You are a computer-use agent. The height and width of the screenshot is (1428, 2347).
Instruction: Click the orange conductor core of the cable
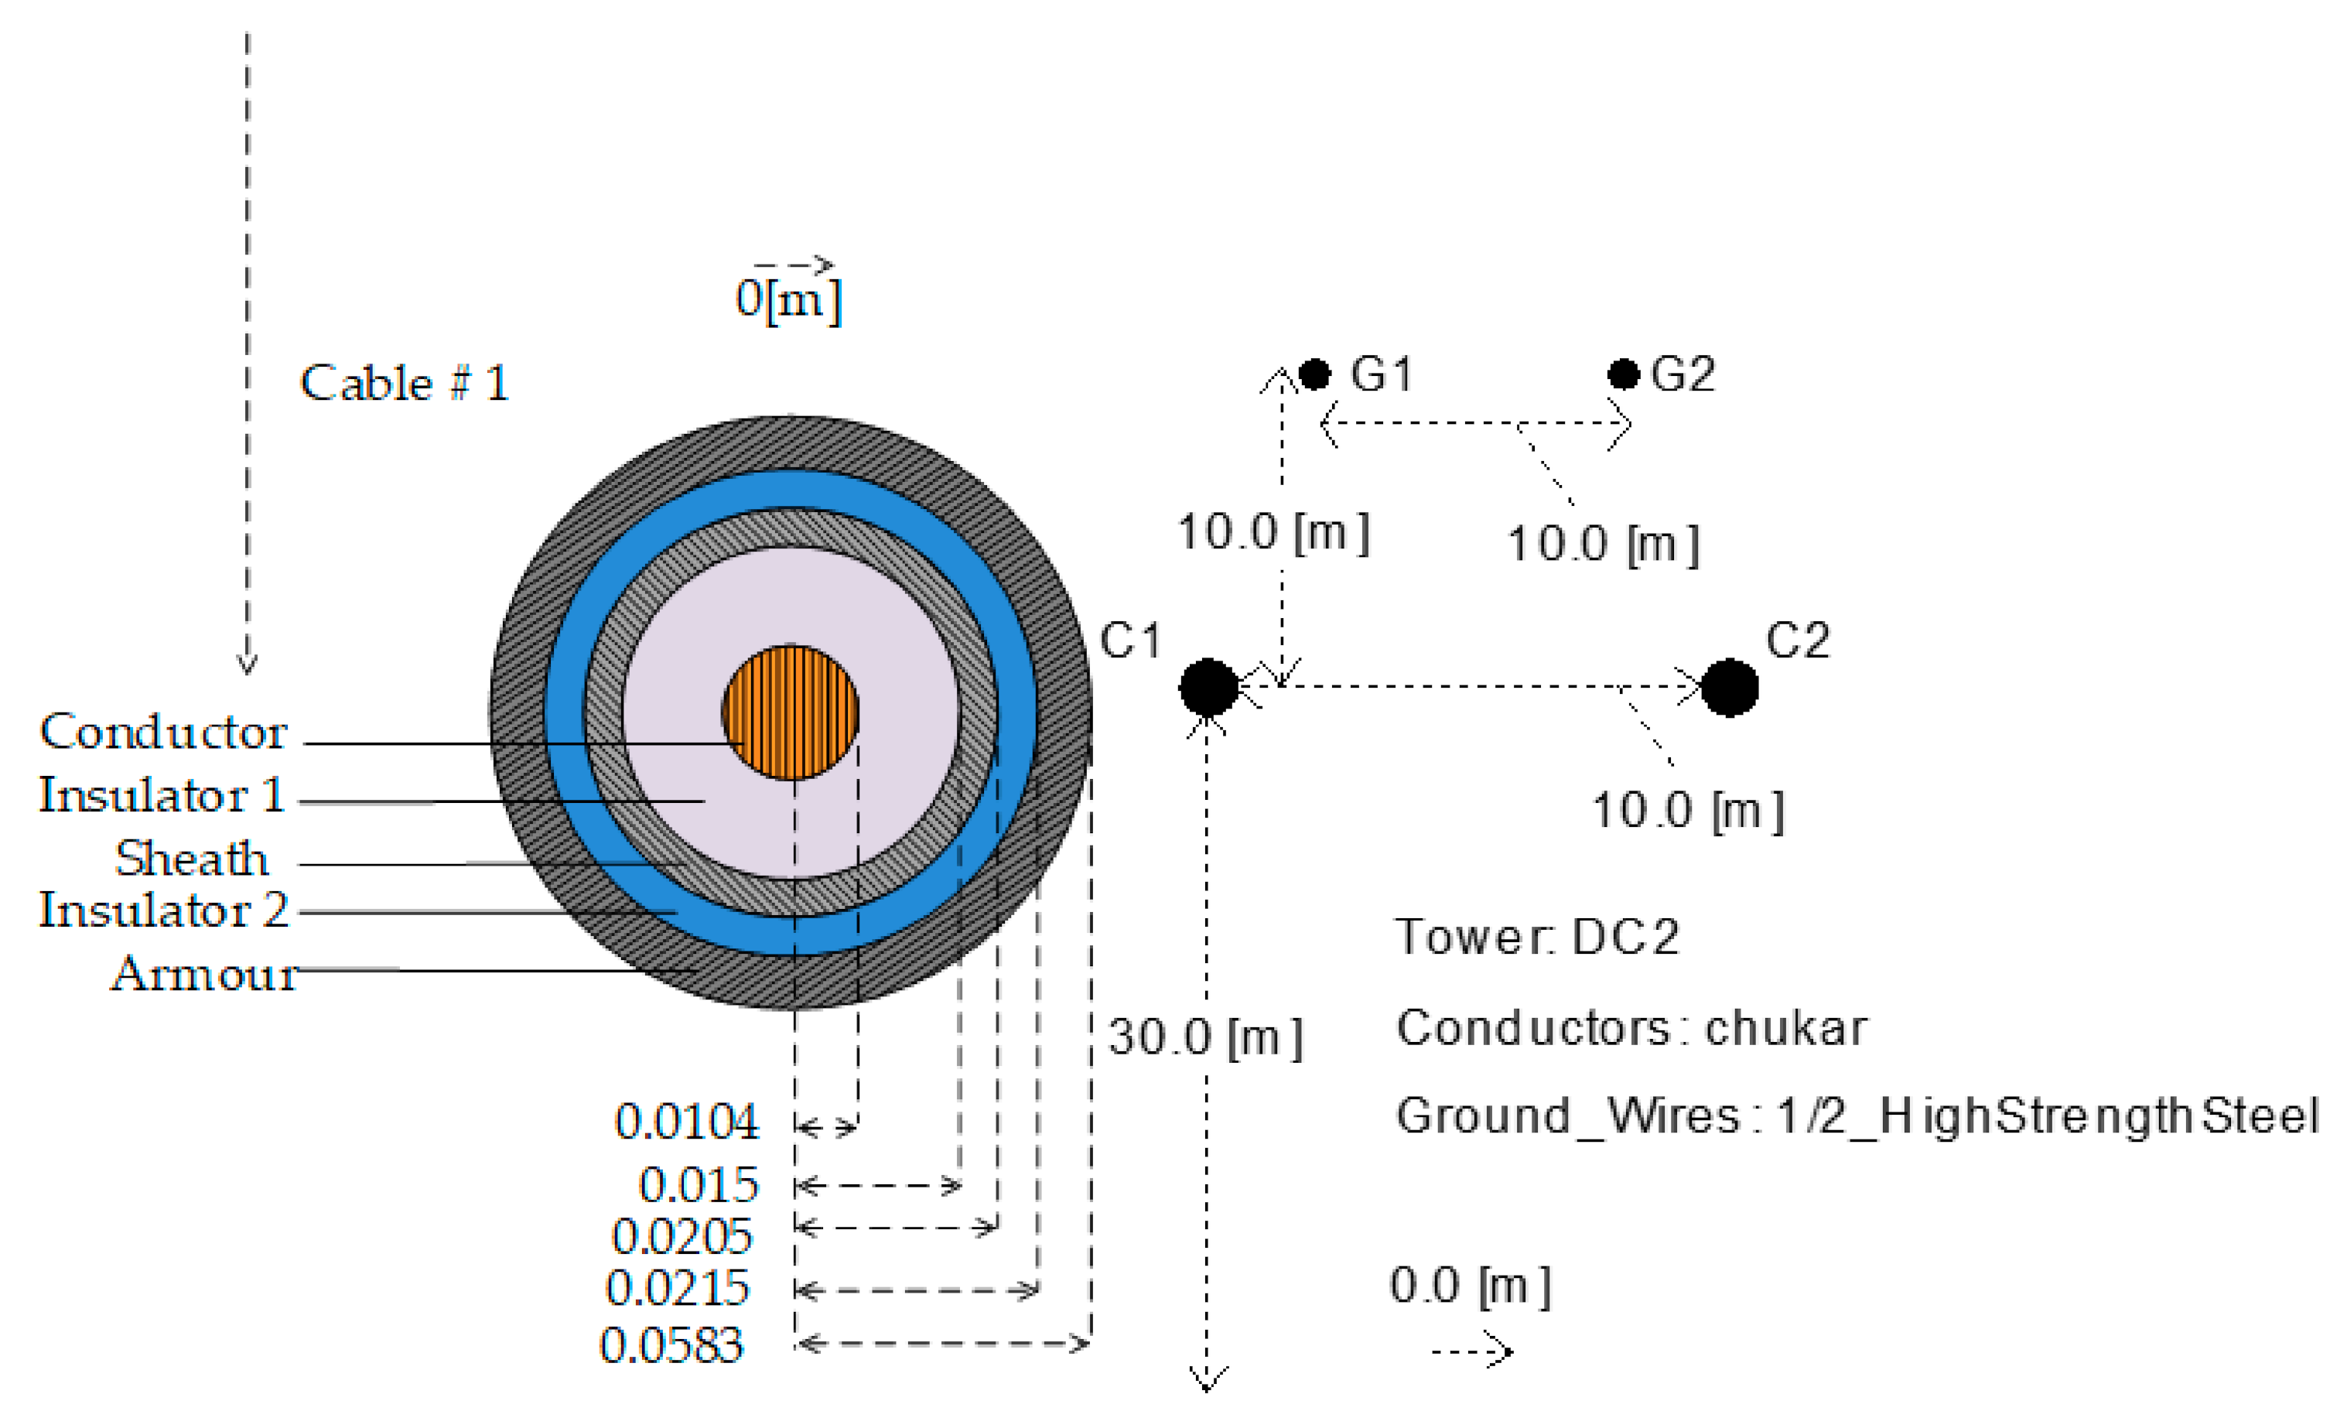[790, 712]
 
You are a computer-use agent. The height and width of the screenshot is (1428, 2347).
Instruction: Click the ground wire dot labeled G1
[1314, 374]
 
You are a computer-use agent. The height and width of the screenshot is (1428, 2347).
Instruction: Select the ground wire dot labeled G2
[1623, 374]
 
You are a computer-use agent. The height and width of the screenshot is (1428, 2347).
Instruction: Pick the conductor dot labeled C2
[1729, 687]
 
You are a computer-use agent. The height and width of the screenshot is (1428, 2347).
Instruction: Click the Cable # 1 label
[405, 383]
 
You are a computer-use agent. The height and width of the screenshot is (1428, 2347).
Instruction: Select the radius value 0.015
[699, 1185]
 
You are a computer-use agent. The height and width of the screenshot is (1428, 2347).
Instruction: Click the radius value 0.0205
[682, 1236]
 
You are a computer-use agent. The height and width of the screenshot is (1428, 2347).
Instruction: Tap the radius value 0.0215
[677, 1288]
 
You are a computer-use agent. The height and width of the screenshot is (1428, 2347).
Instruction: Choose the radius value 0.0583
[671, 1345]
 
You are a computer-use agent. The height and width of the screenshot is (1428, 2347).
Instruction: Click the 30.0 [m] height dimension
[1205, 1037]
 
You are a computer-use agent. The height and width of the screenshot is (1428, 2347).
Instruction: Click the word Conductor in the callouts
[163, 732]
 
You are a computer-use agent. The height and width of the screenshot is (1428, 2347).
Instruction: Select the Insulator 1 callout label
[162, 795]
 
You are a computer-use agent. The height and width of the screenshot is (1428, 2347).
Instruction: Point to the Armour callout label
[204, 974]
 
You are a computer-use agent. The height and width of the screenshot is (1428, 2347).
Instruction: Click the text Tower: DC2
[1536, 937]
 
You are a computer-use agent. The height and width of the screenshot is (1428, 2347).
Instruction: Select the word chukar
[1785, 1028]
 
